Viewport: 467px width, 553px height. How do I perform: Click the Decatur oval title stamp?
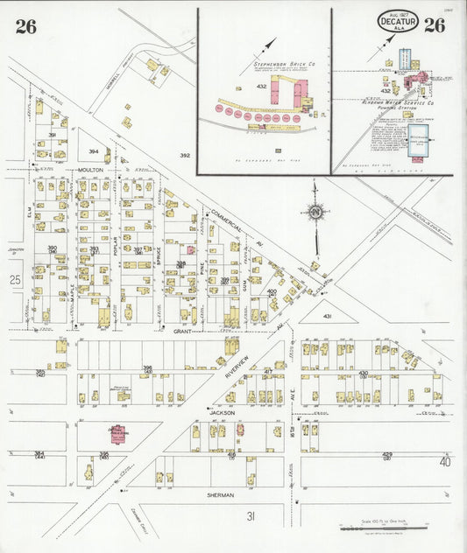pyautogui.click(x=398, y=22)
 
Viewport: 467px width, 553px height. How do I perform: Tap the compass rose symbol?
pyautogui.click(x=315, y=211)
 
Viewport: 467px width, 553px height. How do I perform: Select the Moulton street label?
pyautogui.click(x=90, y=169)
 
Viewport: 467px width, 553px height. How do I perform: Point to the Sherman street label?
pyautogui.click(x=222, y=495)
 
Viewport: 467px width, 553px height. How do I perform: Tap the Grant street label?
pyautogui.click(x=182, y=332)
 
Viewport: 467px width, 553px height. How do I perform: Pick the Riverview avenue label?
pyautogui.click(x=237, y=360)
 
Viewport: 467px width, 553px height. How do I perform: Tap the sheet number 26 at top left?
pyautogui.click(x=25, y=26)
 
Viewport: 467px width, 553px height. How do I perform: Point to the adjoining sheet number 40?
pyautogui.click(x=445, y=461)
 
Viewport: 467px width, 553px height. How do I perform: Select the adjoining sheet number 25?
pyautogui.click(x=15, y=280)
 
